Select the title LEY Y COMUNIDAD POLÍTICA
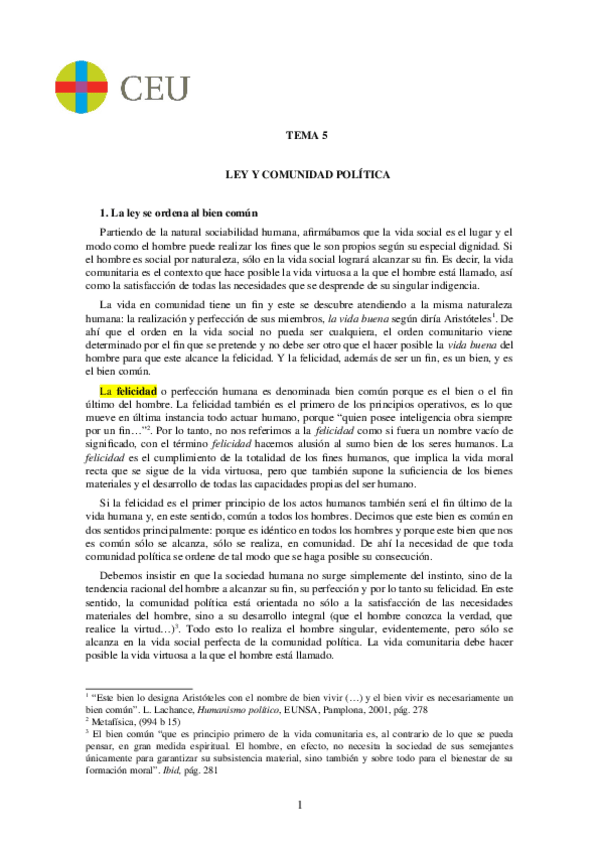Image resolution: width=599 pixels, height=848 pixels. [x=299, y=174]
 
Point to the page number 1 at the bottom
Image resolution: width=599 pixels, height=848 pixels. [x=299, y=805]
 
